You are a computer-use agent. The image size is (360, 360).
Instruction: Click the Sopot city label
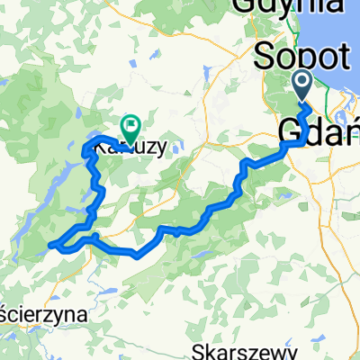pos(303,57)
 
